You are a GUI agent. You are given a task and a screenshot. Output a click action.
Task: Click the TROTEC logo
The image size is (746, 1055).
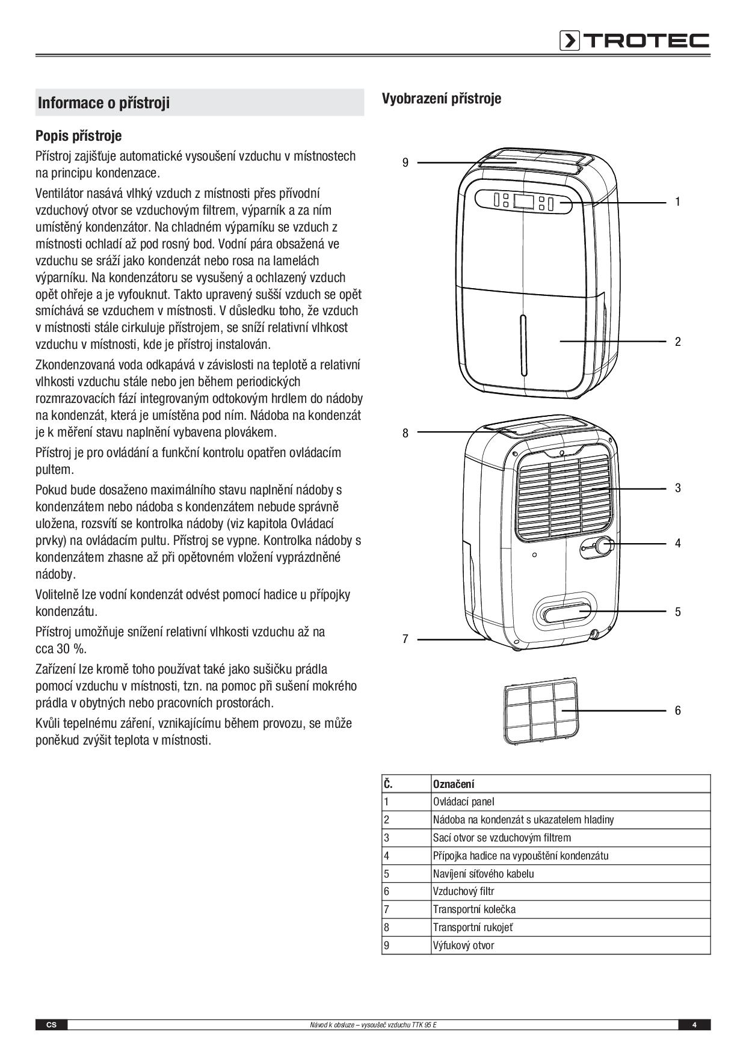tap(634, 40)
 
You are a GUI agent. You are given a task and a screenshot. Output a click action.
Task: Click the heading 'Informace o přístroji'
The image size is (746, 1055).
tap(104, 103)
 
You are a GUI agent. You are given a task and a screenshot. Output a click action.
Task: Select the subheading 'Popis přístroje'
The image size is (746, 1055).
tap(78, 135)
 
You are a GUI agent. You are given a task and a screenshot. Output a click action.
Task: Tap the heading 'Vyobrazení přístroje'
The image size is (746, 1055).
tap(441, 98)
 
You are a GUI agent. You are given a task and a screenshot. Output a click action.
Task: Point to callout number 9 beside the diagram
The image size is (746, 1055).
tap(405, 162)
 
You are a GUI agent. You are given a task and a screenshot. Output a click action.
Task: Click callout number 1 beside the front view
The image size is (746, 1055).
tap(677, 202)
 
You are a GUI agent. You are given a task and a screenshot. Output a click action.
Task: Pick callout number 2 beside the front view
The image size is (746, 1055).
tap(677, 342)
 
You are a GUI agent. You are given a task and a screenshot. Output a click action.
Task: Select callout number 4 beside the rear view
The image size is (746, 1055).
tap(677, 543)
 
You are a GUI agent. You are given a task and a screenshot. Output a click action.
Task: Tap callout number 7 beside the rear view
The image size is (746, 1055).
tap(405, 639)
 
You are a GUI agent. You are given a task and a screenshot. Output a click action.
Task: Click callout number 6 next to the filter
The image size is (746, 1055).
tap(677, 710)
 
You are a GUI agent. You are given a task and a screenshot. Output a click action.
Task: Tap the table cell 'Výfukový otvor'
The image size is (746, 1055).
tap(463, 946)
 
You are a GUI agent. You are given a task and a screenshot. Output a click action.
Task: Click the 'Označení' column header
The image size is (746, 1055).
tap(454, 784)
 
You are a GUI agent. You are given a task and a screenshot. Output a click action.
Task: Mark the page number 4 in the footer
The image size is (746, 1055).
tap(694, 1025)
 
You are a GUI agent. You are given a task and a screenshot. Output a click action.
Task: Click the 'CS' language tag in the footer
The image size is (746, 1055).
tap(51, 1025)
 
